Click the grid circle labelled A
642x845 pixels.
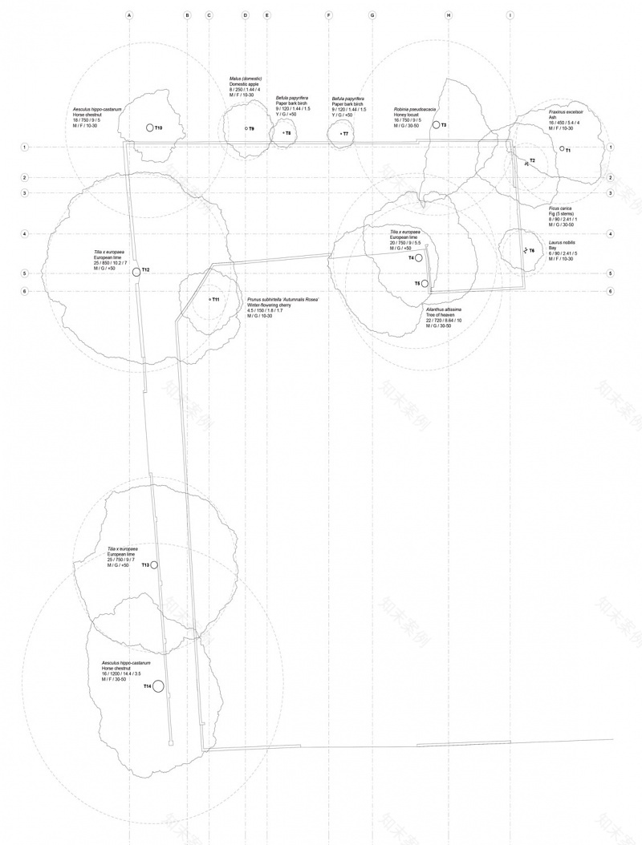click(129, 15)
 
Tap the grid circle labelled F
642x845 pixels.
click(329, 15)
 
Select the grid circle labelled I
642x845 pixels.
click(510, 15)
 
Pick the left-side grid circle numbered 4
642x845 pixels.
click(26, 234)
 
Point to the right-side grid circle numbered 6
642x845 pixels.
click(611, 291)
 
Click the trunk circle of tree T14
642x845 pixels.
click(158, 686)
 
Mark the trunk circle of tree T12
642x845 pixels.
click(136, 271)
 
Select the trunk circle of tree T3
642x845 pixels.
click(436, 125)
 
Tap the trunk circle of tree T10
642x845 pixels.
click(149, 127)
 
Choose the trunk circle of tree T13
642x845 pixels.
click(154, 565)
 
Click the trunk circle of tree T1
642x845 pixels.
click(563, 148)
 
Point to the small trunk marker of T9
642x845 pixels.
click(246, 128)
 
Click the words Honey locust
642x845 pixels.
click(407, 115)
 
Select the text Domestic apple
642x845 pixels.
click(244, 84)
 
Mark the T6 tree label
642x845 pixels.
click(531, 251)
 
